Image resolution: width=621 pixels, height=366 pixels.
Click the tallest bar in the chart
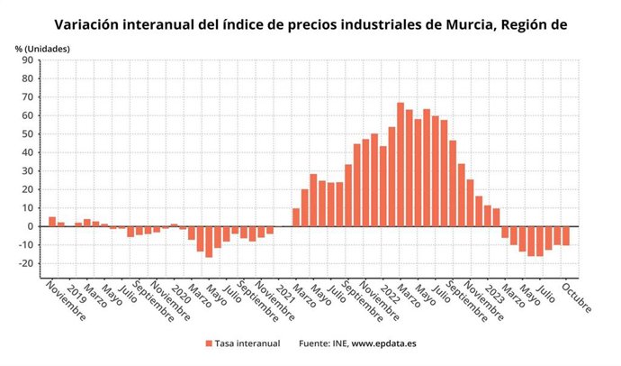[400, 164]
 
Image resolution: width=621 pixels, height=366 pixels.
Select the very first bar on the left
[52, 221]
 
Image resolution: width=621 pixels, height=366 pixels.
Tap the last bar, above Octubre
[566, 235]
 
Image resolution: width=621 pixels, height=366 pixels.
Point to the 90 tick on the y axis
[28, 60]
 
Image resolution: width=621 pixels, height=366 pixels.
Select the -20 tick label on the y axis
[26, 263]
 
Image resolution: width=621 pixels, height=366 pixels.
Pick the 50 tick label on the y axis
[28, 134]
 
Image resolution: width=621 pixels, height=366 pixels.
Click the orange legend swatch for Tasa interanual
[209, 343]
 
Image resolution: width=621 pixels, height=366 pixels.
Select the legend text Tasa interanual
[247, 343]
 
